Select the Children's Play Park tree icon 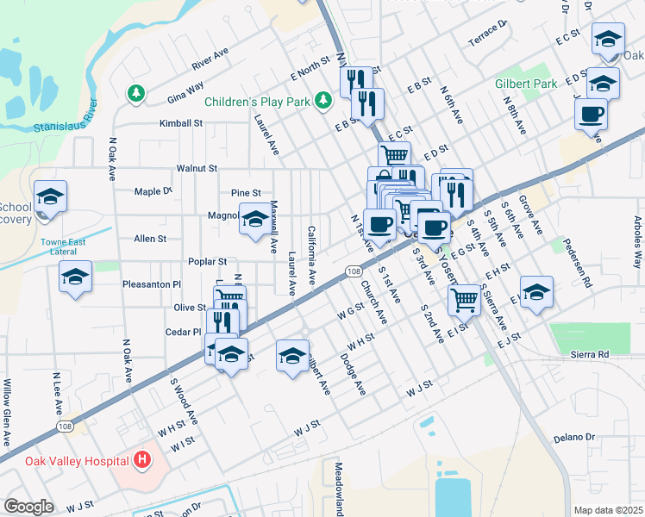click(x=323, y=102)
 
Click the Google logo click(x=28, y=507)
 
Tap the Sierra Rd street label click(x=590, y=354)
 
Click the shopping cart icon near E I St click(x=464, y=299)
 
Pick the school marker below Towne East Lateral click(x=76, y=277)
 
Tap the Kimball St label click(x=180, y=123)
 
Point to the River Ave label click(x=210, y=59)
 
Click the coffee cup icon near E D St click(x=592, y=115)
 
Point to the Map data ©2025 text click(x=608, y=510)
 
